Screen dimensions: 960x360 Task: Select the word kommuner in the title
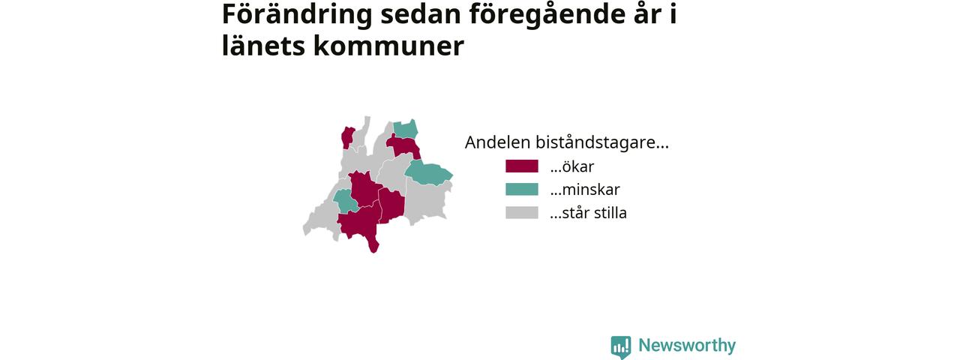pos(388,46)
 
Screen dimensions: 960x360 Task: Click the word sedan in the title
pos(421,14)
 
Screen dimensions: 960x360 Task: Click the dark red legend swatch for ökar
pos(521,166)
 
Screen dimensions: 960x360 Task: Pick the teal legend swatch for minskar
pos(521,190)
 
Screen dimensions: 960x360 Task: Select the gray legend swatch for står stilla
pos(521,212)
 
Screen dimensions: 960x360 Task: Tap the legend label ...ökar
pos(572,166)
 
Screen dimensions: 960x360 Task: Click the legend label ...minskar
pos(585,190)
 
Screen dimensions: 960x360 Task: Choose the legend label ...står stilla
pos(589,212)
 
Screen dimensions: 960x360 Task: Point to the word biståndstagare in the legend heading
pos(602,143)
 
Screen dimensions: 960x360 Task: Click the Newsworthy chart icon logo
pos(621,347)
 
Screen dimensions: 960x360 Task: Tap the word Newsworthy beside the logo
pos(687,346)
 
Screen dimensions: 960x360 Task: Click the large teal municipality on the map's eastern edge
pos(428,173)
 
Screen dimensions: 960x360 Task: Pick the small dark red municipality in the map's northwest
pos(347,137)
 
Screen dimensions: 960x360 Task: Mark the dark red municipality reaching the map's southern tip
pos(360,223)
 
